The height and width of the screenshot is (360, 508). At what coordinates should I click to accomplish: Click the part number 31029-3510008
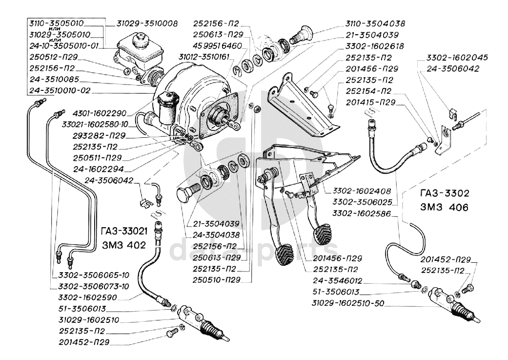click(147, 23)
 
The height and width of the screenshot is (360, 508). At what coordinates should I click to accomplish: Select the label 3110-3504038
click(375, 23)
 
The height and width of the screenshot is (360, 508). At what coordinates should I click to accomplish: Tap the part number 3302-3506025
click(363, 202)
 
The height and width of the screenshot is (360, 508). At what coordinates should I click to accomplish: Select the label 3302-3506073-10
click(90, 285)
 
